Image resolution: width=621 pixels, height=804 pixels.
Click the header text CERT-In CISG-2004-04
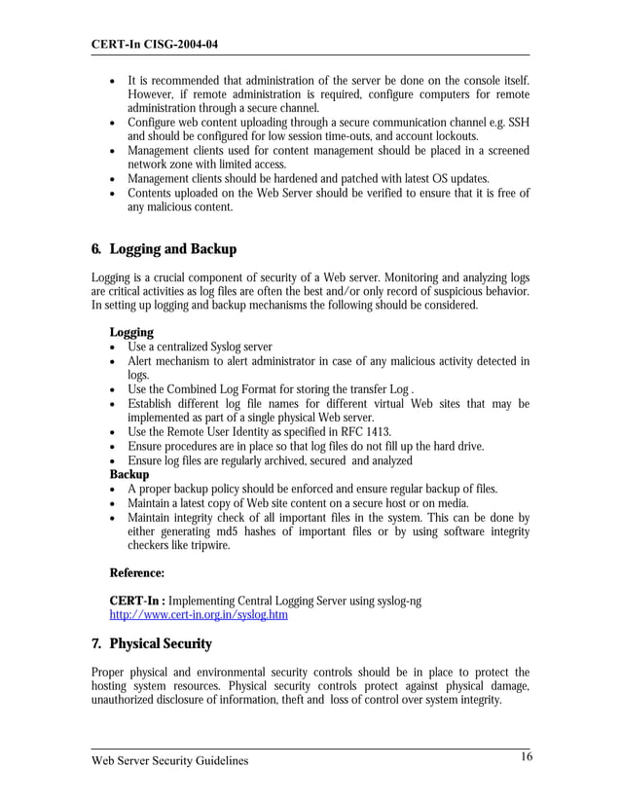pyautogui.click(x=154, y=45)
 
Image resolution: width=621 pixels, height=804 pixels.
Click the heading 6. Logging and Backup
pyautogui.click(x=164, y=249)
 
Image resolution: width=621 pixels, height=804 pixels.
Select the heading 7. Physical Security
pyautogui.click(x=151, y=643)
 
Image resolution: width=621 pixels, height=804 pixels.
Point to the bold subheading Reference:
pyautogui.click(x=136, y=573)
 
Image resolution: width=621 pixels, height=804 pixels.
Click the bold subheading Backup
pyautogui.click(x=129, y=474)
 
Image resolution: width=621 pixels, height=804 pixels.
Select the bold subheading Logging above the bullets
pyautogui.click(x=131, y=332)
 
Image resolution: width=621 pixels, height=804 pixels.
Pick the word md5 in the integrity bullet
pyautogui.click(x=236, y=531)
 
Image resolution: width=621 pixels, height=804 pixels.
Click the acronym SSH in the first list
pyautogui.click(x=518, y=123)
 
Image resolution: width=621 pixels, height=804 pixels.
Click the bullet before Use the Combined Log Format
pyautogui.click(x=115, y=389)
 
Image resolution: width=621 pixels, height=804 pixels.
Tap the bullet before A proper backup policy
pyautogui.click(x=115, y=489)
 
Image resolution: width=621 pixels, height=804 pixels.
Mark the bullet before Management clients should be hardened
pyautogui.click(x=115, y=179)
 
